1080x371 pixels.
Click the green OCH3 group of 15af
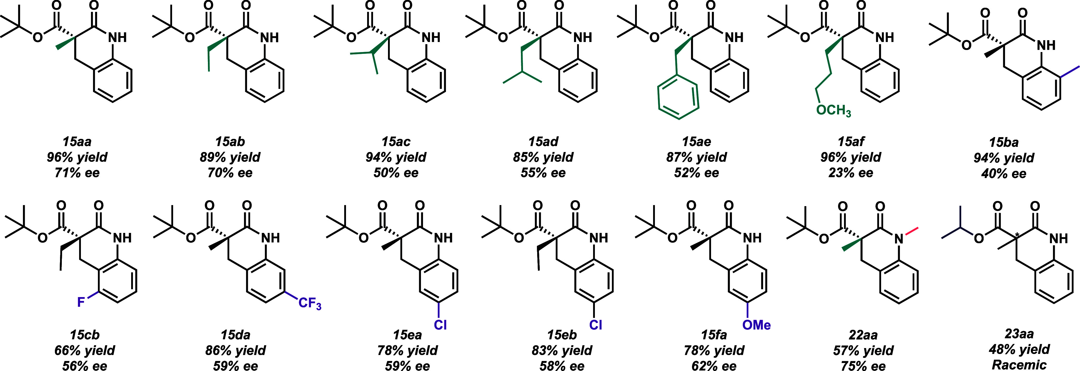pyautogui.click(x=833, y=111)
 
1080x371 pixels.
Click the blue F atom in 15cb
pyautogui.click(x=81, y=302)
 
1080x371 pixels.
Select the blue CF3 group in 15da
pyautogui.click(x=309, y=303)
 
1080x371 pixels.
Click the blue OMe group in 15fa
pyautogui.click(x=756, y=325)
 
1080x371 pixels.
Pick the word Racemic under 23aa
pyautogui.click(x=1019, y=365)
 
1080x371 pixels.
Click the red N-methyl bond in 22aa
pyautogui.click(x=912, y=232)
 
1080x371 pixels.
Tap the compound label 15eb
pyautogui.click(x=562, y=335)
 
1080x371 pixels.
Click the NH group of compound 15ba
pyautogui.click(x=1046, y=45)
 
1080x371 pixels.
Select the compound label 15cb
pyautogui.click(x=85, y=335)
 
